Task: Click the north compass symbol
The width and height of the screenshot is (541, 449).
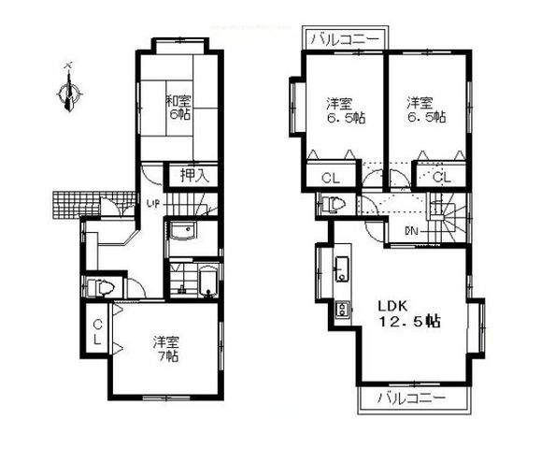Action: tap(67, 91)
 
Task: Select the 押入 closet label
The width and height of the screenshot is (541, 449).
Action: tap(193, 174)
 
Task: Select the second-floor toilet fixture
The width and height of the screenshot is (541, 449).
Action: tap(336, 203)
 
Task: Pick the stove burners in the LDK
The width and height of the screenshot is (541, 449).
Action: tap(342, 308)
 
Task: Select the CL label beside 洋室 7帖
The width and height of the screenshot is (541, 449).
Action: tap(97, 331)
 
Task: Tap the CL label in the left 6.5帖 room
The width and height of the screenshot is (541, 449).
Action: tap(330, 178)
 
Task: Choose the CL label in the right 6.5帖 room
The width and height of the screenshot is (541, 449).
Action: tap(441, 177)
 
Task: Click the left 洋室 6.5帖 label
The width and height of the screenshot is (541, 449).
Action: tap(342, 109)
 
